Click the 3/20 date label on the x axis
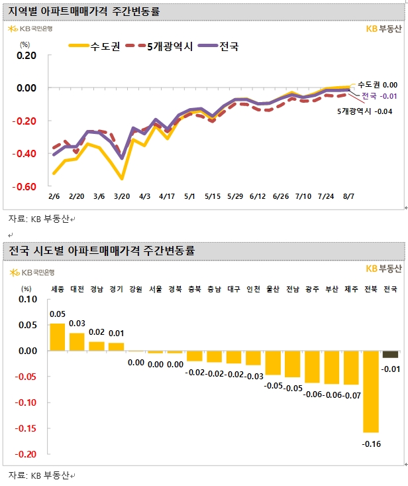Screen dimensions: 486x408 coord(121,197)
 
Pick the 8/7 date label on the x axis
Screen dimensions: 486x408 coord(348,197)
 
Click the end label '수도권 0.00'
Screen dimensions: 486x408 coord(377,85)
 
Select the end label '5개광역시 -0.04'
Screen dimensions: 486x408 coord(365,111)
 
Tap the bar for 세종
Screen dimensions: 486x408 coord(58,337)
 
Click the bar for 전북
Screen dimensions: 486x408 coord(371,391)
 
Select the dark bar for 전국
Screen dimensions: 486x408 coord(391,354)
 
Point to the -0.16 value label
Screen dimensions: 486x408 coord(371,444)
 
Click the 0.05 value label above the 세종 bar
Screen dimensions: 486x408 coord(58,315)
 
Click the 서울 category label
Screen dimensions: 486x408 coord(156,289)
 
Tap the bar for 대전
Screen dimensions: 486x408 coord(77,341)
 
